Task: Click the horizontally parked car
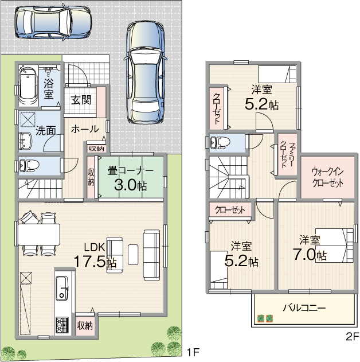53,22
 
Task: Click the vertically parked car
146,72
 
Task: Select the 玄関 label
81,100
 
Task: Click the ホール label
85,129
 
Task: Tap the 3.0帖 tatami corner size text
130,185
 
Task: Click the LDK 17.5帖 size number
95,262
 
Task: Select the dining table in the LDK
39,235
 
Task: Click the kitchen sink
61,288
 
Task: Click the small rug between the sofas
133,254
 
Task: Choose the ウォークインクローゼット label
327,177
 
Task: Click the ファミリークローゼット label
287,154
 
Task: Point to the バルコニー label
304,307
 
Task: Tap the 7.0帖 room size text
310,255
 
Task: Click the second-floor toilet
220,142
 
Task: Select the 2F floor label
352,337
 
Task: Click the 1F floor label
193,353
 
